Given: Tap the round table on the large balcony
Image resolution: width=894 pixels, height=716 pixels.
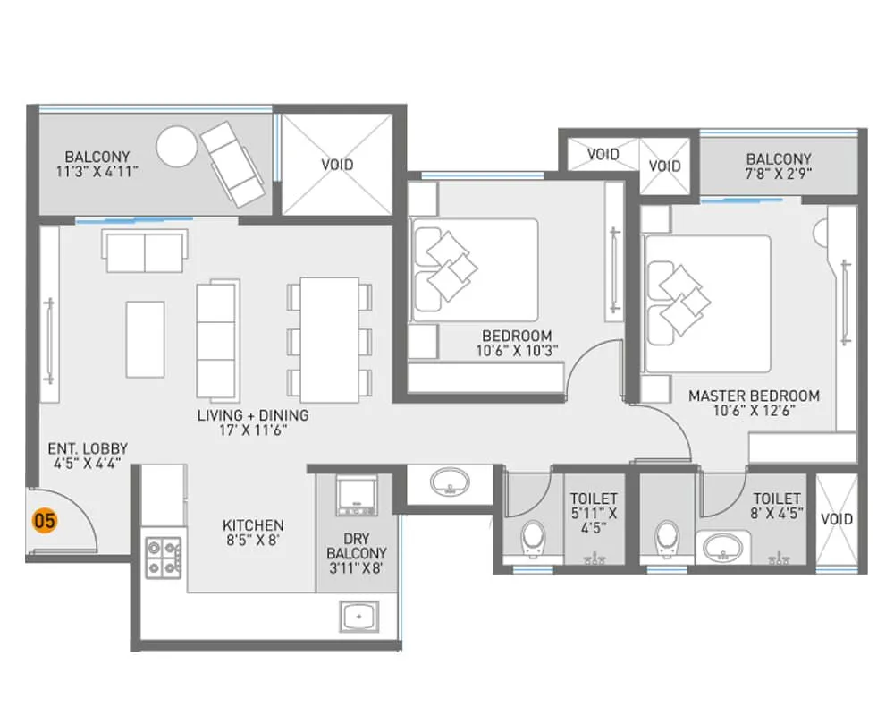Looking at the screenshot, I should pyautogui.click(x=175, y=145).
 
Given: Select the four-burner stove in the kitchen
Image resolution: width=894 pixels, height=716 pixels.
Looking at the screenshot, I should pyautogui.click(x=164, y=555).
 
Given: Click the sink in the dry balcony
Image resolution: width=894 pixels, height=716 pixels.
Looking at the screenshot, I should pyautogui.click(x=359, y=617).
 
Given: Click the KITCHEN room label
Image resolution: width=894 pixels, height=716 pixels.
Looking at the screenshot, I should pyautogui.click(x=253, y=525).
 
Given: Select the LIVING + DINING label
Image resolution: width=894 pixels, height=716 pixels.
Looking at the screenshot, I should pyautogui.click(x=253, y=415).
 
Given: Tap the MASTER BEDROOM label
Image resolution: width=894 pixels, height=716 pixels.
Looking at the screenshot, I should pyautogui.click(x=753, y=396).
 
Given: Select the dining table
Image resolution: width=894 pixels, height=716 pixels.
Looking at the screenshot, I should pyautogui.click(x=329, y=340).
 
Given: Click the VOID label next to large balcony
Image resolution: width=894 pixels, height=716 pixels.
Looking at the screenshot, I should pyautogui.click(x=337, y=165).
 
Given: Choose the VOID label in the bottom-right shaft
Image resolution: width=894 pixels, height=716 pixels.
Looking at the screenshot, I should pyautogui.click(x=837, y=519).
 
